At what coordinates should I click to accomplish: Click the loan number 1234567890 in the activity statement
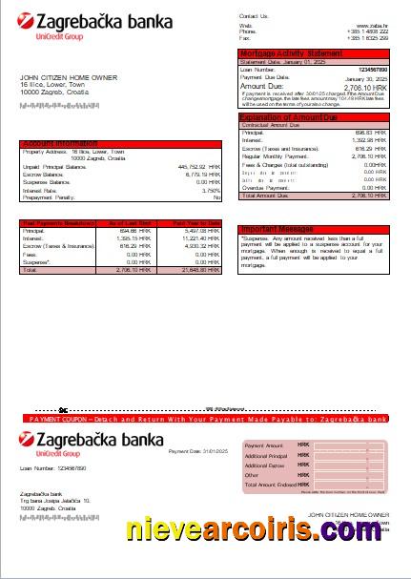point(373,70)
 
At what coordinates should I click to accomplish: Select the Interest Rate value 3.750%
point(210,189)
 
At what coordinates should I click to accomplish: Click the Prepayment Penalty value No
point(216,196)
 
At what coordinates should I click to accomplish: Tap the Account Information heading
point(63,143)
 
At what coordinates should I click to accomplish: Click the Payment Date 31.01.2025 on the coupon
point(195,450)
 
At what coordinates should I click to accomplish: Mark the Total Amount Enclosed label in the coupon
point(271,485)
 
